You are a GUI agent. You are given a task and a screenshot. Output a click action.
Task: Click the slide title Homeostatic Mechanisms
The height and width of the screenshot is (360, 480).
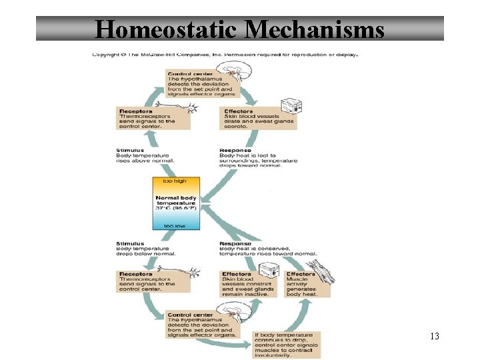[239, 29]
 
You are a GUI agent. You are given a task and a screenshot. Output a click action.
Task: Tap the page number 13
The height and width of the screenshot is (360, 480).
[435, 336]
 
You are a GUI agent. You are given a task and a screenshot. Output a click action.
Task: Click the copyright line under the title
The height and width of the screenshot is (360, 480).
[225, 54]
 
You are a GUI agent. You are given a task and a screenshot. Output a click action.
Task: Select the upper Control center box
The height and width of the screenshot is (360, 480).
[198, 83]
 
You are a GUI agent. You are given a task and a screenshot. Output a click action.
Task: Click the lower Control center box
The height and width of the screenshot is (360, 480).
[201, 325]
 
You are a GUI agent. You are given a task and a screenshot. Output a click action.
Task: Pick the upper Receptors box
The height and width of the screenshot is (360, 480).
[146, 119]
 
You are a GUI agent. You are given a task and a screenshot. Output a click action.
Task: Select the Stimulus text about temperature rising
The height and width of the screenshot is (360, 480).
[145, 155]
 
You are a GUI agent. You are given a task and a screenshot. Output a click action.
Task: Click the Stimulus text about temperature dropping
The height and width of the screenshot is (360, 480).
[145, 249]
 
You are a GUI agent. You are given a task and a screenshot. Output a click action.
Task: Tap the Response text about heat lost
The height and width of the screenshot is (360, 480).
[249, 158]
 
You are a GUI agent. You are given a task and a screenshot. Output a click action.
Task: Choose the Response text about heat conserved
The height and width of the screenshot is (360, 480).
[267, 249]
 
